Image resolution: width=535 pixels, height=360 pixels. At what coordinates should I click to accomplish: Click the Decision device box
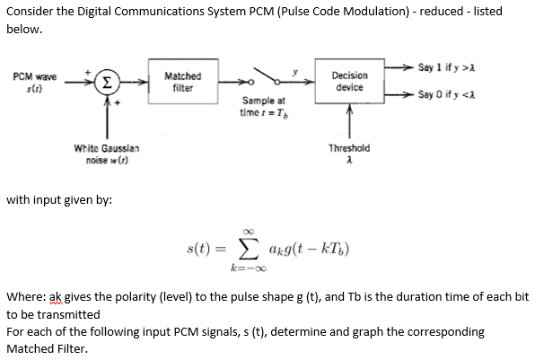(348, 83)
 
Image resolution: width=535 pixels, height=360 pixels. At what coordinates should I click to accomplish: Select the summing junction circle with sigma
(107, 83)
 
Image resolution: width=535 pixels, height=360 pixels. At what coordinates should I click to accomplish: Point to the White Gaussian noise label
(106, 152)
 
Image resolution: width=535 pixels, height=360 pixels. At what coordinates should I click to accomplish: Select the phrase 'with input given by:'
(58, 199)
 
